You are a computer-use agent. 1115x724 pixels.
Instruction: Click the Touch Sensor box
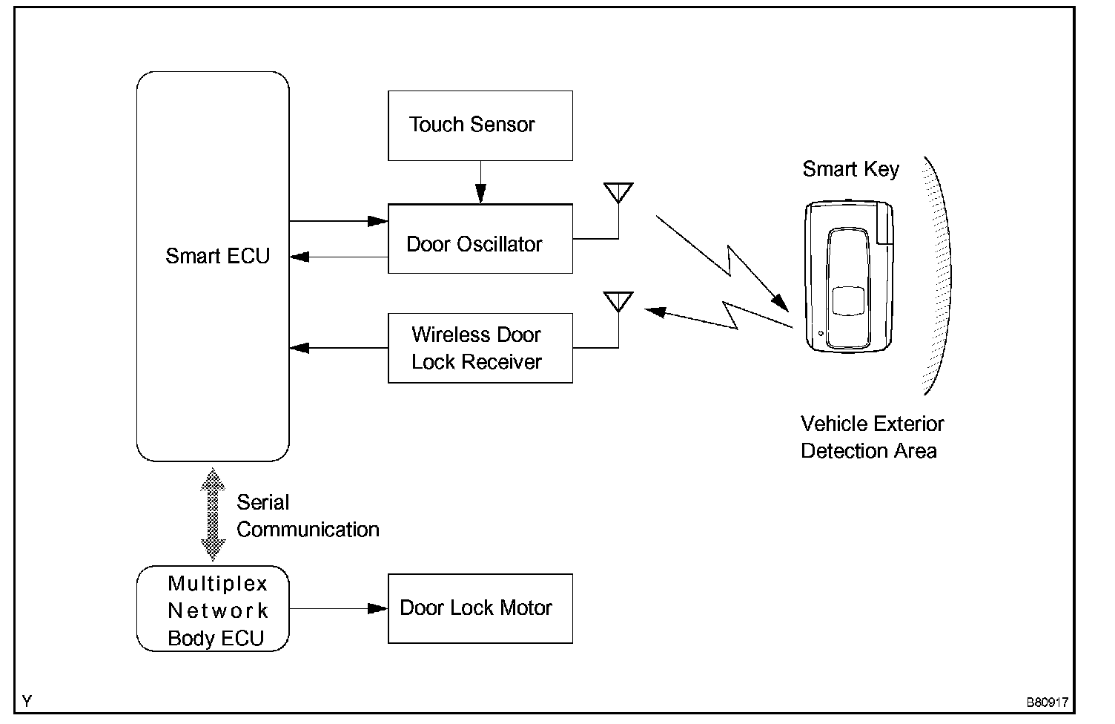[480, 125]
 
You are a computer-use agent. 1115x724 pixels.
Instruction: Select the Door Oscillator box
[480, 239]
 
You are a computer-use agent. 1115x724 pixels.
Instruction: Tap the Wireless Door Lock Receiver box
[480, 348]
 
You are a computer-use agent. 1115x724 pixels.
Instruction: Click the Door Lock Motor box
[480, 608]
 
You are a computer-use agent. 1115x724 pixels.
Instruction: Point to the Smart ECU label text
[217, 257]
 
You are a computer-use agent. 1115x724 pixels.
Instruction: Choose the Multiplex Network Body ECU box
[213, 609]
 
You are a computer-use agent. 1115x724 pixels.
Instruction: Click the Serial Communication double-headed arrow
[213, 514]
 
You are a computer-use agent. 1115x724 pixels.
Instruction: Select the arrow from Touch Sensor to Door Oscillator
[480, 182]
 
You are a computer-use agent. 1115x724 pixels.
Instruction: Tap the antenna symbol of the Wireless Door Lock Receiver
[618, 303]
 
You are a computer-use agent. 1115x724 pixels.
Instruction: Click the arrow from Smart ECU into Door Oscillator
[338, 220]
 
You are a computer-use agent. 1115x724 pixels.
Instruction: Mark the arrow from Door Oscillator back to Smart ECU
[338, 257]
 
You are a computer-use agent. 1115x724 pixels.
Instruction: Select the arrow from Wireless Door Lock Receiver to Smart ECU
[338, 347]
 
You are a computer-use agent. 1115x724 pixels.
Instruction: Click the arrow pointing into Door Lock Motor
[338, 608]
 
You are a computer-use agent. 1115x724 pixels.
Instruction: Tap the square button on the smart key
[847, 301]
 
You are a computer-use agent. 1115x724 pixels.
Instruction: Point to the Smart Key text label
[850, 169]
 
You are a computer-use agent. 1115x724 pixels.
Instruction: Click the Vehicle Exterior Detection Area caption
[872, 438]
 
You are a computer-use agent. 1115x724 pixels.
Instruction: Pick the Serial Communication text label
[307, 516]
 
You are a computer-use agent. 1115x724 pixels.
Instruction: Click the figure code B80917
[1047, 702]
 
